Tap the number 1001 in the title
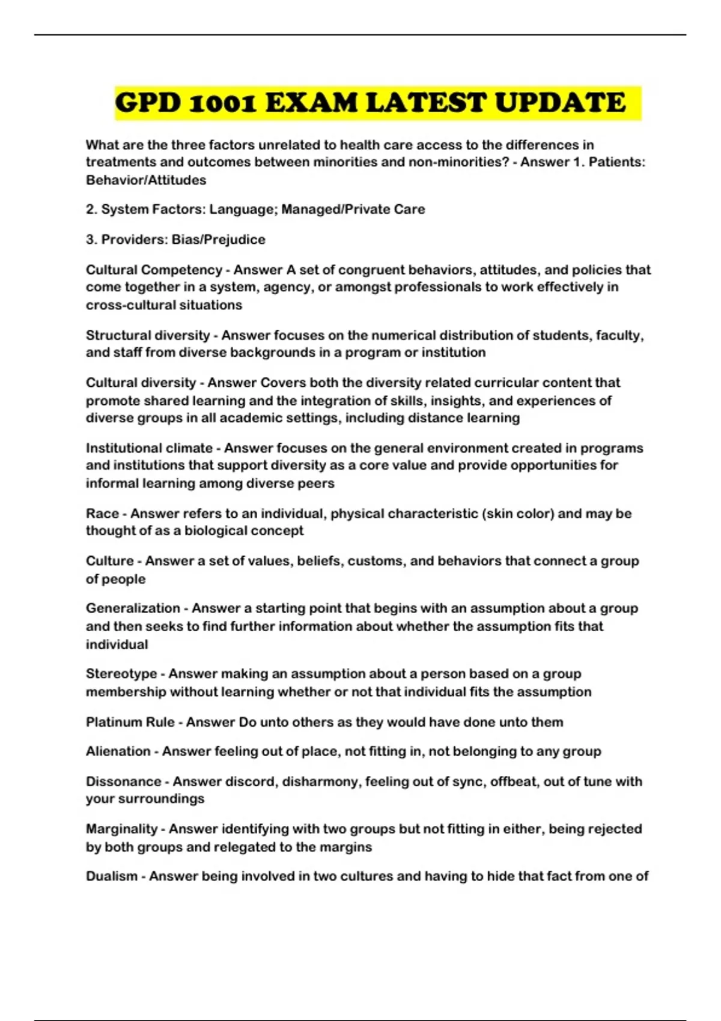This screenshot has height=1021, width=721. coord(224,103)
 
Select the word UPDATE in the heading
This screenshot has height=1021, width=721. coord(560,103)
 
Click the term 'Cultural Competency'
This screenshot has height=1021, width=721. coord(154,270)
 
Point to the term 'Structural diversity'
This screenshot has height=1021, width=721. coord(148,335)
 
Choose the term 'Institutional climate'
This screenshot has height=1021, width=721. coord(149,448)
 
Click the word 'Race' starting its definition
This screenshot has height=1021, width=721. coord(102,514)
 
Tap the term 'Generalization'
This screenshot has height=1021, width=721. coord(133,608)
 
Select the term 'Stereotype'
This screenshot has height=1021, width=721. coord(121,674)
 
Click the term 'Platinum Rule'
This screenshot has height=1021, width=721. coord(130,722)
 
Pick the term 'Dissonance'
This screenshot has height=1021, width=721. coord(124,781)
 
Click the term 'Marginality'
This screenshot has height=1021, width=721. coord(122,829)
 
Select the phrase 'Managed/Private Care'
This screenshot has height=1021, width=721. coord(353,210)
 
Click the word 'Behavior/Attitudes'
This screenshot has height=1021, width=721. coord(146,180)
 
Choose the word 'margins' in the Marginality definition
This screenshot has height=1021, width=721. coord(349,847)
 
